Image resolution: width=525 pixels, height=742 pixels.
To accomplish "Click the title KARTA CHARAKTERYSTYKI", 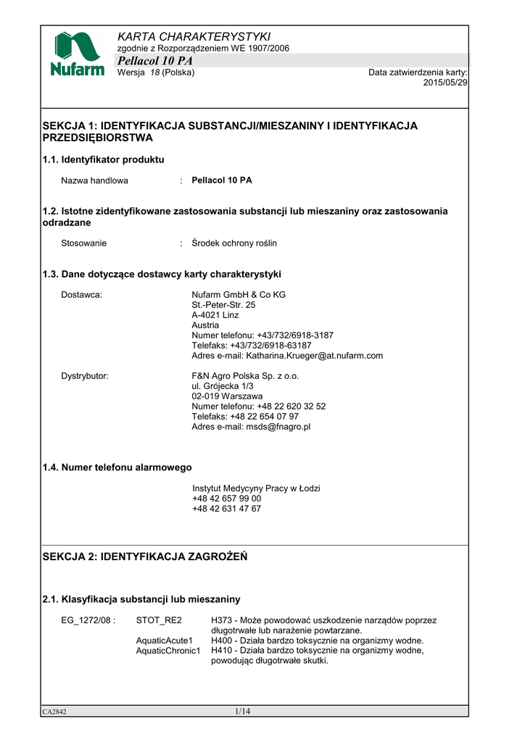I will tap(194, 36).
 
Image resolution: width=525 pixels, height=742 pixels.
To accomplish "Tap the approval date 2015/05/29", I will tap(445, 83).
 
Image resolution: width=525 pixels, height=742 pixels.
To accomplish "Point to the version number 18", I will tap(154, 72).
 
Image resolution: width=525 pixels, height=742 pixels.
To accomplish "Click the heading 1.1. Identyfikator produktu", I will tap(104, 159).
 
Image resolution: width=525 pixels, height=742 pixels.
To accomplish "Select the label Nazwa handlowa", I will tap(94, 180).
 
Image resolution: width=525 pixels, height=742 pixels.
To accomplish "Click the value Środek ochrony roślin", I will tap(234, 243).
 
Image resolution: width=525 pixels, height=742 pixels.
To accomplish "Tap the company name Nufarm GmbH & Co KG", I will tap(239, 295).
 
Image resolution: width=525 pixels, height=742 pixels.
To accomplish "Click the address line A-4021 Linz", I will tap(215, 315).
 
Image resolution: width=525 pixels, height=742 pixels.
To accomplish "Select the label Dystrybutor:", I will tap(85, 376).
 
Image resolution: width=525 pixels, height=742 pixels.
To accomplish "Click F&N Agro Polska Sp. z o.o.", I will tap(245, 376).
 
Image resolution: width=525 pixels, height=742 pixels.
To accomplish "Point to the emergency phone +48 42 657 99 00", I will tap(227, 499).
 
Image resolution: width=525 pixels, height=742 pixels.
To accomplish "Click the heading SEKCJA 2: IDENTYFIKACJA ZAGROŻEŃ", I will tap(145, 556).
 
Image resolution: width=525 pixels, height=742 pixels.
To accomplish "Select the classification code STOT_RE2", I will tap(159, 620).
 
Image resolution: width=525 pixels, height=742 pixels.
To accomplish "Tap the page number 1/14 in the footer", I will tap(242, 712).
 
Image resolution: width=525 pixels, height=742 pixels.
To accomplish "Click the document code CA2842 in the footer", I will tap(54, 712).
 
